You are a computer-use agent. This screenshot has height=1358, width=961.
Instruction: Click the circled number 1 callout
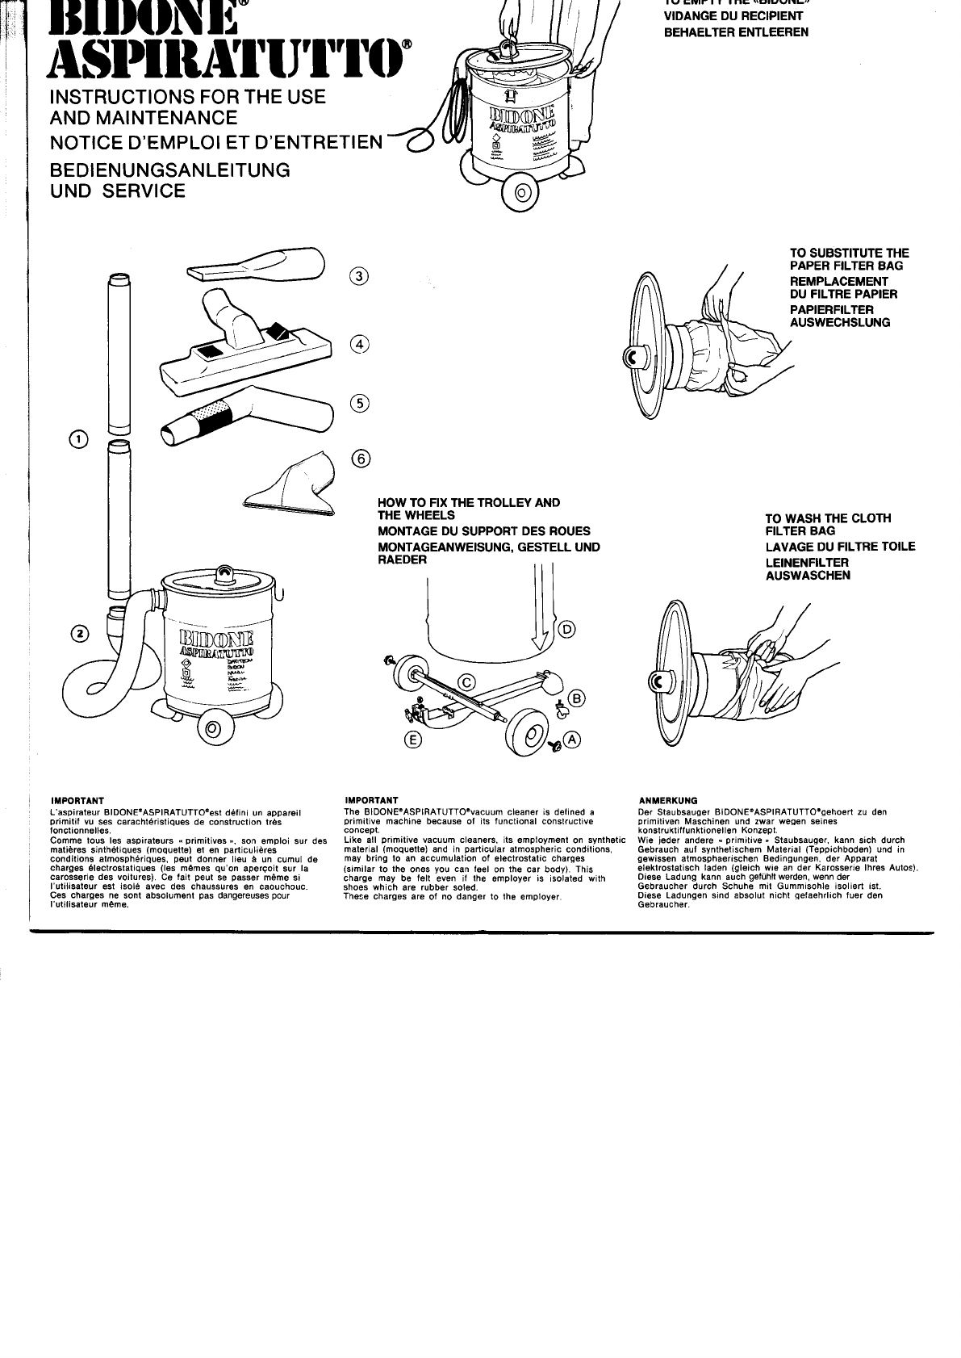pos(79,439)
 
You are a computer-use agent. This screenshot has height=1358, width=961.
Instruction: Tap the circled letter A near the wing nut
pos(571,740)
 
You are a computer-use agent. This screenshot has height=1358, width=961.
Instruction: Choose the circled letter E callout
pos(412,740)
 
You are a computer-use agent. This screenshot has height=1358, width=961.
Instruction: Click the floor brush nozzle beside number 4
pos(246,347)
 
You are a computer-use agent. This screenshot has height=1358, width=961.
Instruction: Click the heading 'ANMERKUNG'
pos(667,801)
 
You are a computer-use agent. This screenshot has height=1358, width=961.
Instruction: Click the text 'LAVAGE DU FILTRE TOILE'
pos(840,547)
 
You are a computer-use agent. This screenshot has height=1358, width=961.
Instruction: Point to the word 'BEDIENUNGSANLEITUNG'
pos(170,170)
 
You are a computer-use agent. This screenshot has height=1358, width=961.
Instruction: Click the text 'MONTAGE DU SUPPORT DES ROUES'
pos(484,531)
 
